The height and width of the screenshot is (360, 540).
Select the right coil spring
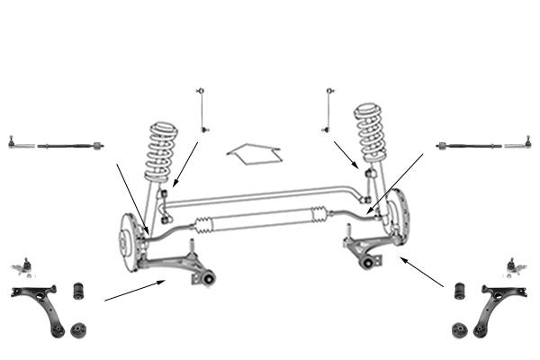(370, 134)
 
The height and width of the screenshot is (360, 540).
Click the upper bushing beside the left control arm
(78, 291)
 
